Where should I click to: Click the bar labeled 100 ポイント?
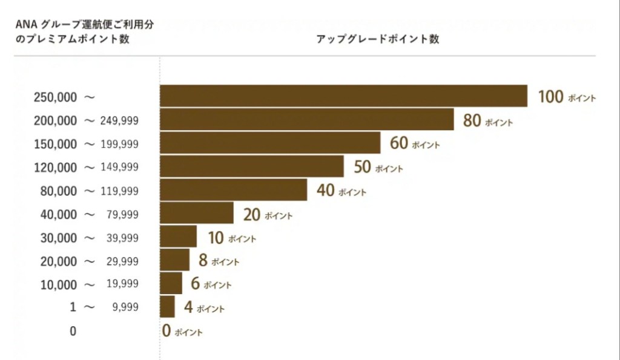pyautogui.click(x=343, y=96)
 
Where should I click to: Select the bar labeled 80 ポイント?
pyautogui.click(x=306, y=119)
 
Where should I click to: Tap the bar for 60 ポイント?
pyautogui.click(x=270, y=143)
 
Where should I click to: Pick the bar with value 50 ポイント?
pyautogui.click(x=251, y=166)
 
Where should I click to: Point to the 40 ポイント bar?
pyautogui.click(x=233, y=190)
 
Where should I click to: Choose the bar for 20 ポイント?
pyautogui.click(x=196, y=213)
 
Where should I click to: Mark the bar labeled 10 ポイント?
pyautogui.click(x=178, y=237)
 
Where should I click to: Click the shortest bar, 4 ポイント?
pyautogui.click(x=167, y=307)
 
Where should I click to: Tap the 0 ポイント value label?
pyautogui.click(x=182, y=331)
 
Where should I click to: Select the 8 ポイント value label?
pyautogui.click(x=218, y=261)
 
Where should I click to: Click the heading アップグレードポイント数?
pyautogui.click(x=377, y=39)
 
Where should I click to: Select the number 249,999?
pyautogui.click(x=121, y=120)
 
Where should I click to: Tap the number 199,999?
pyautogui.click(x=121, y=144)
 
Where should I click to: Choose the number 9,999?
pyautogui.click(x=125, y=307)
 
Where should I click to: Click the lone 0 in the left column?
pyautogui.click(x=73, y=331)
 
